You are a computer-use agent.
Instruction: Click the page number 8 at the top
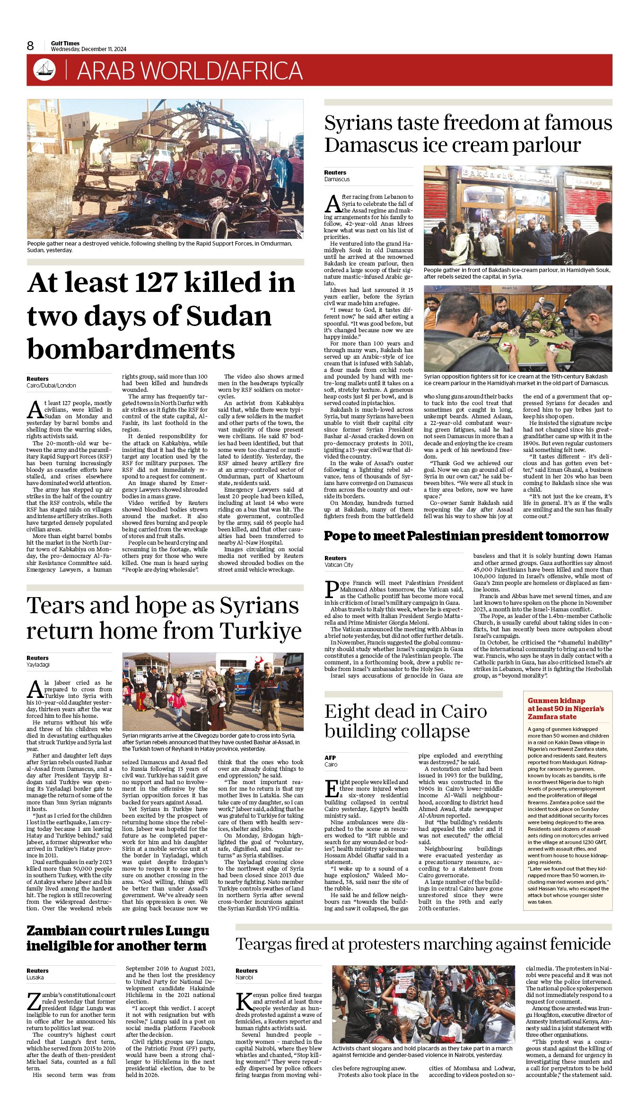pyautogui.click(x=30, y=45)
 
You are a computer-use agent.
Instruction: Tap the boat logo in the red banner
pyautogui.click(x=44, y=70)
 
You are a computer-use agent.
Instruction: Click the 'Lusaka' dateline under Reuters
pyautogui.click(x=35, y=977)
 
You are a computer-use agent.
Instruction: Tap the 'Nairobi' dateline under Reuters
pyautogui.click(x=244, y=977)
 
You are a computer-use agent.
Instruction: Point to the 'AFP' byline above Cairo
pyautogui.click(x=330, y=758)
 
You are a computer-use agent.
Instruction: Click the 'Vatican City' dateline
pyautogui.click(x=339, y=564)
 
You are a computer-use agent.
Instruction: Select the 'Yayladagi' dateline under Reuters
pyautogui.click(x=38, y=664)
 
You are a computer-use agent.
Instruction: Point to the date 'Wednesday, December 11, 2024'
pyautogui.click(x=88, y=49)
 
